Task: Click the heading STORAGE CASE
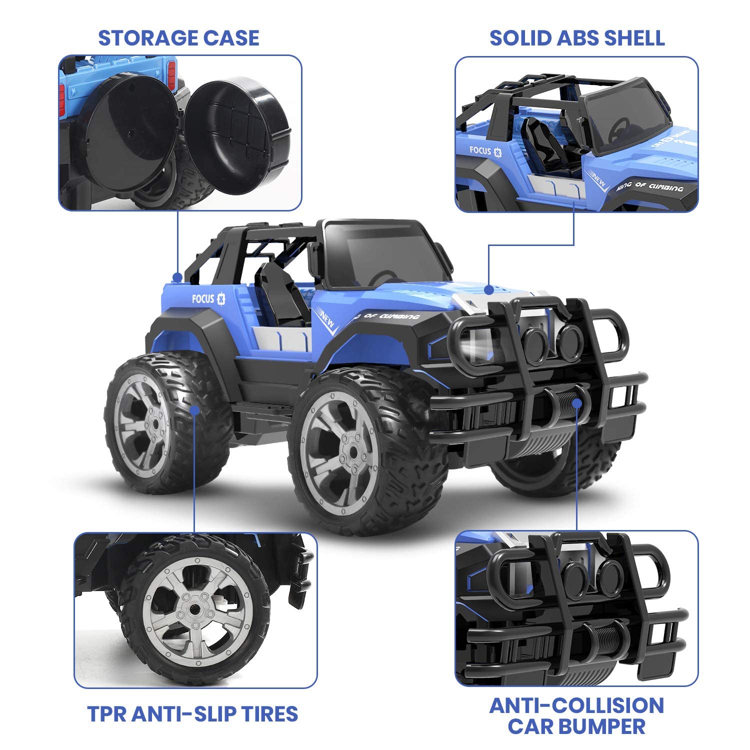[178, 38]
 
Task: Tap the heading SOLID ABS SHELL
[576, 38]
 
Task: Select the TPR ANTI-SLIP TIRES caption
[192, 713]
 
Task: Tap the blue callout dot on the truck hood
[489, 290]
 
